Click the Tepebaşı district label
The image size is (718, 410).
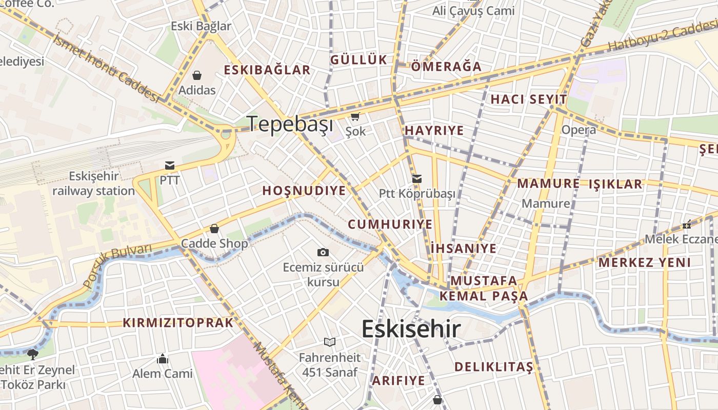tap(290, 124)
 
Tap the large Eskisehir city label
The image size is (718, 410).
tap(411, 329)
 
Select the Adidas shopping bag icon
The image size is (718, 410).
tap(197, 76)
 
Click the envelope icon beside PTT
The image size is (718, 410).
tap(170, 166)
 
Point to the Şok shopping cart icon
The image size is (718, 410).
tap(355, 117)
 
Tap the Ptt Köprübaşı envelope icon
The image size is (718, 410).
tap(417, 179)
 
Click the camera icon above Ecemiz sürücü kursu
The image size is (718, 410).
tap(323, 252)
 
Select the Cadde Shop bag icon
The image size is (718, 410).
tap(214, 229)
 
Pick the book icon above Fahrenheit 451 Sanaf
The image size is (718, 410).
tap(330, 342)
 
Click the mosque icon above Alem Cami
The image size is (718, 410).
tap(163, 358)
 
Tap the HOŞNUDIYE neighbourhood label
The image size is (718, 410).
tap(304, 191)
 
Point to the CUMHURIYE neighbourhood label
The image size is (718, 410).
tap(390, 224)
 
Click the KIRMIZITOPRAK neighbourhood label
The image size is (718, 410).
tap(178, 323)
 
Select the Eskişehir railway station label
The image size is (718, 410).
tap(93, 183)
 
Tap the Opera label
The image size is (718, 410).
tap(579, 130)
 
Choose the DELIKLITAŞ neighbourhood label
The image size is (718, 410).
tap(494, 367)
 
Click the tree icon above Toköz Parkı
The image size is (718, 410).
tap(33, 354)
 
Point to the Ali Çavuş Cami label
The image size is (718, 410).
tap(473, 11)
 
